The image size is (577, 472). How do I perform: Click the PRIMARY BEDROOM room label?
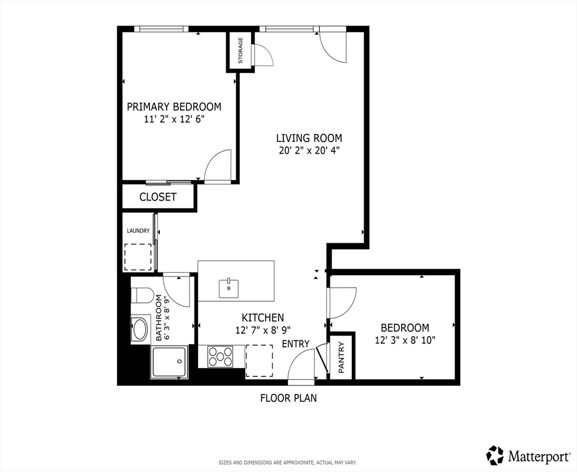coord(174,107)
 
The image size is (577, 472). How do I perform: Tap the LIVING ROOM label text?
coord(309,138)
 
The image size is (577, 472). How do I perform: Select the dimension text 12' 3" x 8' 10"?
coord(405,340)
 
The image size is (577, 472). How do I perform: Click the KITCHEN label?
coord(263,318)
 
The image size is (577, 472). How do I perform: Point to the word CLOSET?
coord(158,197)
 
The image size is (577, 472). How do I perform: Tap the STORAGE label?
coord(241,51)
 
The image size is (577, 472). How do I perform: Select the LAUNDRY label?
coord(138,231)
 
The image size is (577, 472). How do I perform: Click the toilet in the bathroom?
coord(141,296)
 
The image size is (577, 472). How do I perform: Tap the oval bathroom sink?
coord(140,329)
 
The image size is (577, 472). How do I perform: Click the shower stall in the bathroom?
coord(169,363)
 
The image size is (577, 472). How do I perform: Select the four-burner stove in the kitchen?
coord(220,356)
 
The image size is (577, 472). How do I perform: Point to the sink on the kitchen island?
coord(229,288)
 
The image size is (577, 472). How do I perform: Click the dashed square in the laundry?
coord(138,257)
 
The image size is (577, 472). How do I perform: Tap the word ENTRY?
coord(295,344)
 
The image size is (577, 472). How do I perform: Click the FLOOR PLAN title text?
coord(288,398)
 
